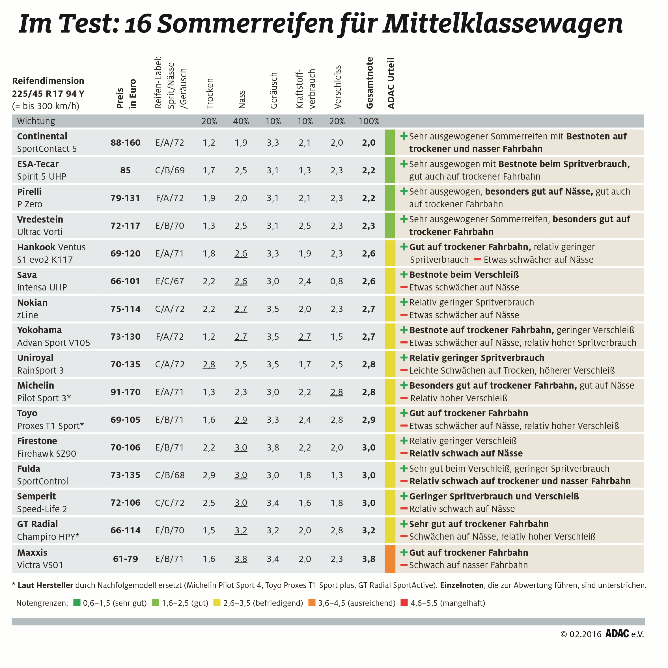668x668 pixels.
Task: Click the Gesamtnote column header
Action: pyautogui.click(x=369, y=83)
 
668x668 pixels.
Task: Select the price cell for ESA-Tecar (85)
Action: pyautogui.click(x=125, y=171)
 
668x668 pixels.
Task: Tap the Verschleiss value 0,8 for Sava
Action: pyautogui.click(x=337, y=281)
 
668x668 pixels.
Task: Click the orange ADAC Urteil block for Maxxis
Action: pyautogui.click(x=390, y=559)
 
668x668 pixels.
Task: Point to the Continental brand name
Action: pyautogui.click(x=42, y=136)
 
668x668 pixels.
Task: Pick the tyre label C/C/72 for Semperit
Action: pyautogui.click(x=169, y=503)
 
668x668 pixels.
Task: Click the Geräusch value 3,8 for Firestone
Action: pyautogui.click(x=273, y=447)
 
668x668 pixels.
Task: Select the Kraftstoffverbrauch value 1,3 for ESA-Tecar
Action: pyautogui.click(x=305, y=171)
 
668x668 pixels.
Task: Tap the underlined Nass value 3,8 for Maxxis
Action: pyautogui.click(x=241, y=559)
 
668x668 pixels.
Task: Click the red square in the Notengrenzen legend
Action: pyautogui.click(x=404, y=603)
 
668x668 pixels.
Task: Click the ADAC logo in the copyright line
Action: pyautogui.click(x=617, y=633)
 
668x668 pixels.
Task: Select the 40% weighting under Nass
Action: pyautogui.click(x=241, y=121)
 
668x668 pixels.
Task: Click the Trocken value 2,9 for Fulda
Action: pyautogui.click(x=209, y=475)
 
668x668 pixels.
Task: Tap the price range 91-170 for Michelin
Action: pyautogui.click(x=125, y=392)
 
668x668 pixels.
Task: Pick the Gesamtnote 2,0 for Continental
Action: pyautogui.click(x=369, y=143)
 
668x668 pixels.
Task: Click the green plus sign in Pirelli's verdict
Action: pyautogui.click(x=404, y=191)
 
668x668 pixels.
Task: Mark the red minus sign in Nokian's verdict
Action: pyautogui.click(x=404, y=315)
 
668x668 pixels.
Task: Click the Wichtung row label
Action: pyautogui.click(x=36, y=121)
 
